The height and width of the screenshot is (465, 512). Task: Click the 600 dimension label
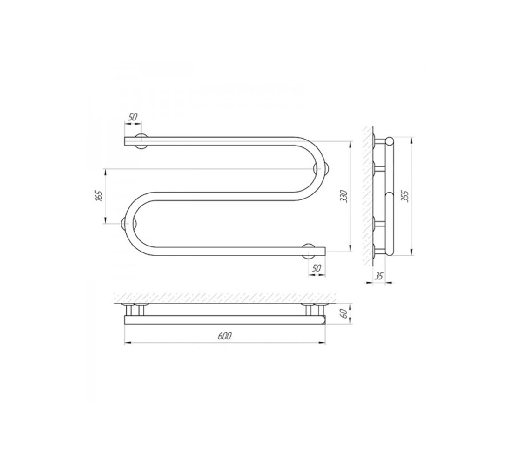(225, 336)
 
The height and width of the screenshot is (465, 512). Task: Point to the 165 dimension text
(99, 196)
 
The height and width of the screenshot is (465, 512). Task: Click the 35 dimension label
(379, 276)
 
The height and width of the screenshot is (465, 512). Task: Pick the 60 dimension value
(343, 314)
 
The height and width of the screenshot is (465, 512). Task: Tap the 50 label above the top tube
(133, 117)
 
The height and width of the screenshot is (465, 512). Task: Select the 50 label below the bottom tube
(317, 268)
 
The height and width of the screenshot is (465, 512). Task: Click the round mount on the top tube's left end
(141, 141)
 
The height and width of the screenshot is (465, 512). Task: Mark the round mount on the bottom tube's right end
(309, 251)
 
